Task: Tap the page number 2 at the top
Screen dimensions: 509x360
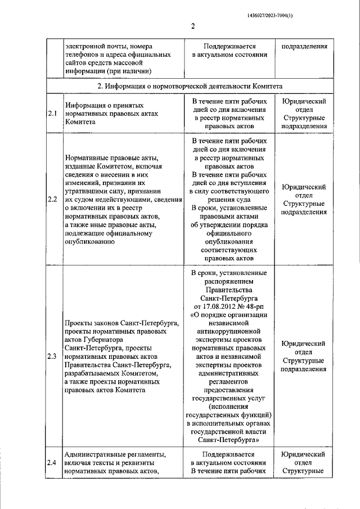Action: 192,26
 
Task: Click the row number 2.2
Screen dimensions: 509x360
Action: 53,199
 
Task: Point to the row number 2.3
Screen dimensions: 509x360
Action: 53,356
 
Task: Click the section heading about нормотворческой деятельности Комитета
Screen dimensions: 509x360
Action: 190,85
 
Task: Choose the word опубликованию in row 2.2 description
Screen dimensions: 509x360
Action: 91,242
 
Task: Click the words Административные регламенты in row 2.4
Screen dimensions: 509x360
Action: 114,454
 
